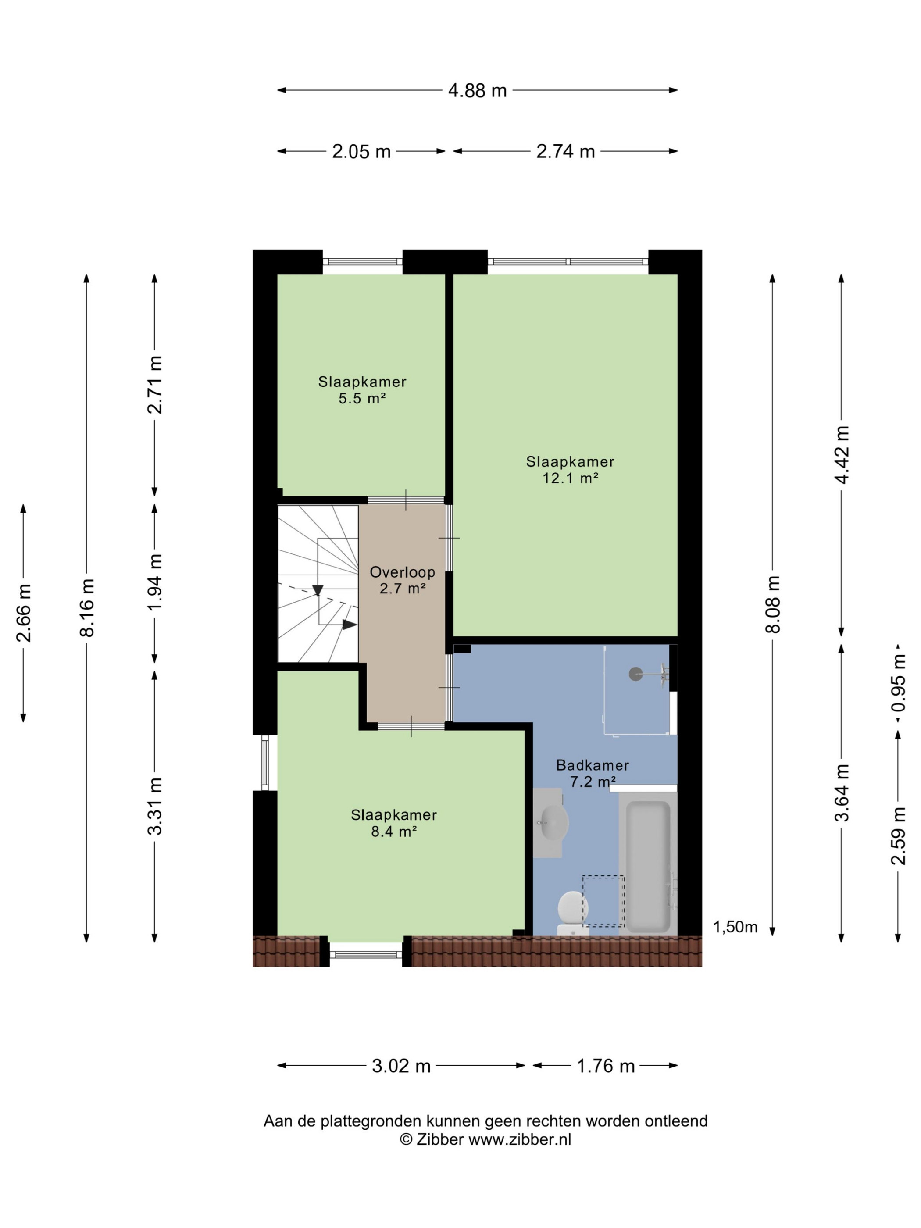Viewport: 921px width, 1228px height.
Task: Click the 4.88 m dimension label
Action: pyautogui.click(x=477, y=90)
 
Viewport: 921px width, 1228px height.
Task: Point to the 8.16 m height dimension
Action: pyautogui.click(x=88, y=607)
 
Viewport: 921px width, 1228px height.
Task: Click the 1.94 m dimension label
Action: pyautogui.click(x=155, y=582)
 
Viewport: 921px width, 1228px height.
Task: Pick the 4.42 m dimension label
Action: pyautogui.click(x=842, y=455)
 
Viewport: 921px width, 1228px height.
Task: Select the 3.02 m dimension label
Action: pyautogui.click(x=401, y=1066)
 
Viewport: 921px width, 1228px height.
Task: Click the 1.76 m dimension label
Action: pyautogui.click(x=606, y=1066)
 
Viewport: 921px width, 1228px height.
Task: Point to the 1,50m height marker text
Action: pyautogui.click(x=735, y=927)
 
